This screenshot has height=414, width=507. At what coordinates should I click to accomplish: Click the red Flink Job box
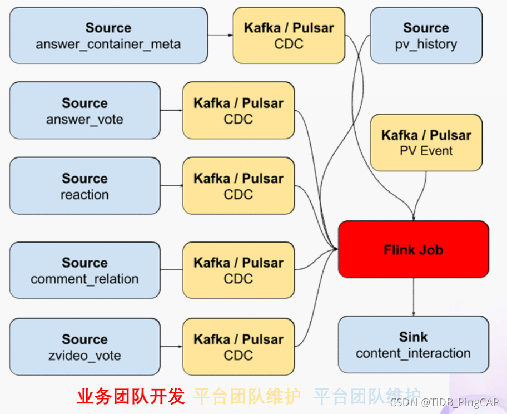[413, 249]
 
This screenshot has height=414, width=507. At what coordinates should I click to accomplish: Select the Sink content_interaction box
[413, 344]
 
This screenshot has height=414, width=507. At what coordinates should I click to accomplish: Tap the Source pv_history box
[426, 35]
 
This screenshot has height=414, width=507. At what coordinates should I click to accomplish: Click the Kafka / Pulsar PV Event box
[426, 142]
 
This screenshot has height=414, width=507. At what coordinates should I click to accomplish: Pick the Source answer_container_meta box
[108, 35]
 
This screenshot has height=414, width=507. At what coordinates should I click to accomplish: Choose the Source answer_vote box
[84, 110]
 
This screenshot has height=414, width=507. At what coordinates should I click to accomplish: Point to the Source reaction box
[84, 186]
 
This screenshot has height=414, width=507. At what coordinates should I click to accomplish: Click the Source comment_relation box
[84, 270]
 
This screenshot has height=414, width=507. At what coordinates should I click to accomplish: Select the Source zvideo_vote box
[84, 347]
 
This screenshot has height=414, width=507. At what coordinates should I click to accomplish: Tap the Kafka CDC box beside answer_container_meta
[289, 35]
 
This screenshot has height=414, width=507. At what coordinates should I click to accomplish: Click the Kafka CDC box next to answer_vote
[238, 110]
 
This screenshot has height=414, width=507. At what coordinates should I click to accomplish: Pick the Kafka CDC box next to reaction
[238, 186]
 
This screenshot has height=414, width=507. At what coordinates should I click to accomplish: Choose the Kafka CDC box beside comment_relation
[238, 270]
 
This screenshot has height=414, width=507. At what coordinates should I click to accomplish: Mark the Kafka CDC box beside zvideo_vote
[238, 347]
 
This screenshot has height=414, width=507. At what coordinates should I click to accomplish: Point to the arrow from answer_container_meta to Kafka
[220, 35]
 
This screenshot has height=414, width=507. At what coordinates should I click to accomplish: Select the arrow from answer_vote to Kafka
[171, 110]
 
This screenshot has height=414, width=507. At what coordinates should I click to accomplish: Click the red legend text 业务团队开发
[131, 396]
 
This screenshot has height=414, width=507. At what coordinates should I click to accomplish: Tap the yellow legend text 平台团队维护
[247, 396]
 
